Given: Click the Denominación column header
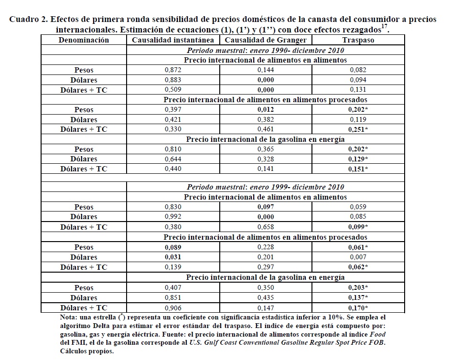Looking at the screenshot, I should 84,40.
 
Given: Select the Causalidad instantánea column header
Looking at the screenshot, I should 173,40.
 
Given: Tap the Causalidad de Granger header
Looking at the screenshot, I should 266,40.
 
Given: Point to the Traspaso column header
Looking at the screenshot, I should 358,40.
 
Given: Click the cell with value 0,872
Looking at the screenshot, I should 172,70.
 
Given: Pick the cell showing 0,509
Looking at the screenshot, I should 172,90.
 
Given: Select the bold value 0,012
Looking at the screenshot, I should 266,110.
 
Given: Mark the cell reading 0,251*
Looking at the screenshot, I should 359,129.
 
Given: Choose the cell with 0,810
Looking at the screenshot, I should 172,149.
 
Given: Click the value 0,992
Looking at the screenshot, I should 172,217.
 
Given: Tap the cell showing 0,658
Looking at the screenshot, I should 266,227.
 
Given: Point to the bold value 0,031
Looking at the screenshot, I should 172,257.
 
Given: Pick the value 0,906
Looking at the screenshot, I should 172,308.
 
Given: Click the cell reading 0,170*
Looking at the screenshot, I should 359,308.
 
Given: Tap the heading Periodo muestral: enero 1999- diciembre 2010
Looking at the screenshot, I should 266,187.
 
